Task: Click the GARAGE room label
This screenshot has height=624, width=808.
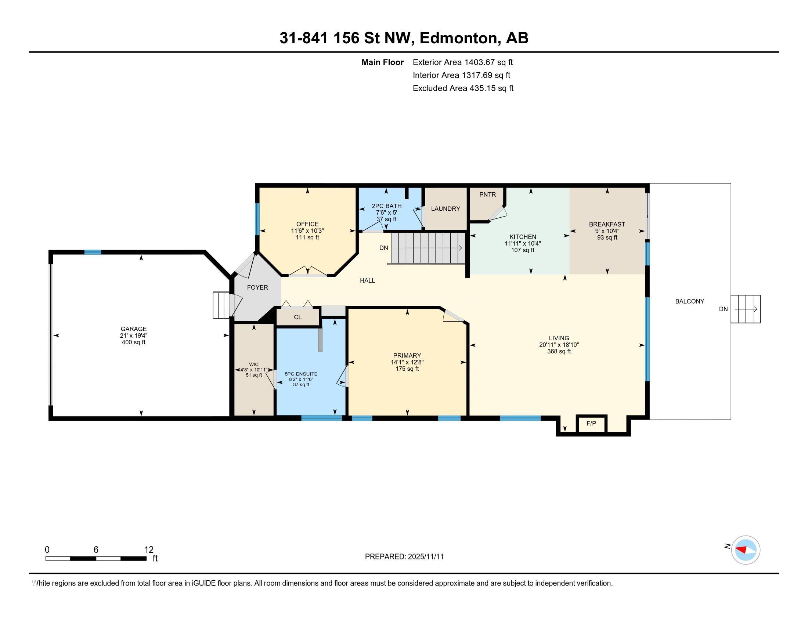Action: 134,329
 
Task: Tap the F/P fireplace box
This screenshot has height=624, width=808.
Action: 591,423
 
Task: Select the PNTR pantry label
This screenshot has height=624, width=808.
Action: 487,195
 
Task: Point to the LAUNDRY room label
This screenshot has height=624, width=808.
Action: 446,208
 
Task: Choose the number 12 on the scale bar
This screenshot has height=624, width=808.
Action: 149,549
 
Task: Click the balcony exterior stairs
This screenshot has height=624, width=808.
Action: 746,309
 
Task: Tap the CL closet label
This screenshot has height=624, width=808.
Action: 297,317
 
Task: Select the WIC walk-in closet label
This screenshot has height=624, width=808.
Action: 254,364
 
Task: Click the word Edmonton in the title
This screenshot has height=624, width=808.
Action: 458,38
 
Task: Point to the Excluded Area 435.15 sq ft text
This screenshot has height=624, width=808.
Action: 463,88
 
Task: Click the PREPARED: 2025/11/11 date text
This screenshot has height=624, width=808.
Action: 404,557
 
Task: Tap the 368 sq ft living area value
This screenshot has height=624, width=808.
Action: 559,351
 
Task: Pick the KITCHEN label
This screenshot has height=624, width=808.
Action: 522,237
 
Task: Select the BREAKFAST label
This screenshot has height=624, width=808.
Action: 607,224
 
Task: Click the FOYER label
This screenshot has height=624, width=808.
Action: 257,287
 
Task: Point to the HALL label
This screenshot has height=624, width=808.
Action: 367,280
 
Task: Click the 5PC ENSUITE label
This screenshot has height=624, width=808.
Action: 301,374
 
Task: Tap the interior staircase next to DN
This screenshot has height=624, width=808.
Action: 428,248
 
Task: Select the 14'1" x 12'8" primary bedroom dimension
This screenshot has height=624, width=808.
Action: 407,362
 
